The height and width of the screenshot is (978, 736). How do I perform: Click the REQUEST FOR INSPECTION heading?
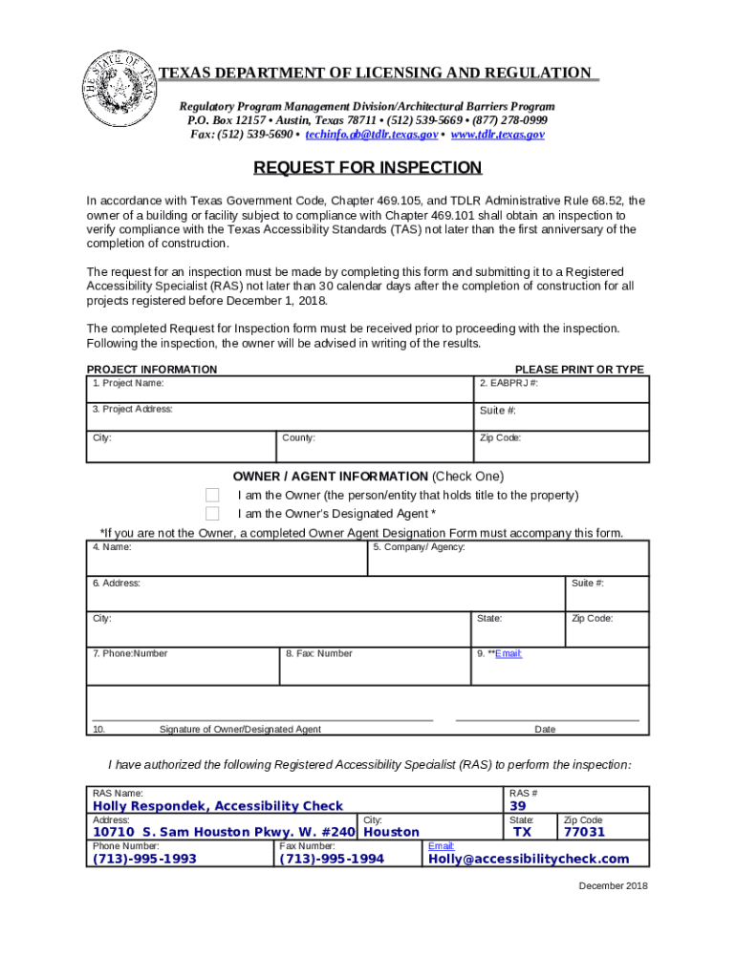tap(367, 168)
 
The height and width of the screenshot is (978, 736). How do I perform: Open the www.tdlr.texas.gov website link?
tap(497, 135)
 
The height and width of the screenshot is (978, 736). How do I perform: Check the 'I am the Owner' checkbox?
tap(212, 495)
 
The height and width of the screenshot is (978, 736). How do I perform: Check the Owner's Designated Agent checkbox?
tap(212, 514)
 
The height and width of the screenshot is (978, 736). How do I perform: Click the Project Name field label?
tap(128, 383)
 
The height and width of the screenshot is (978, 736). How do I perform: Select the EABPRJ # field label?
tap(509, 383)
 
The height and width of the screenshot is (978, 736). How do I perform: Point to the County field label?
tap(299, 438)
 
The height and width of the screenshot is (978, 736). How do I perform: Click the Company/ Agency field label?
tap(419, 547)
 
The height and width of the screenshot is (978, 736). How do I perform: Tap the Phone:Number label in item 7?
tap(130, 653)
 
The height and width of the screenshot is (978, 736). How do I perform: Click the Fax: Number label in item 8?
tap(318, 653)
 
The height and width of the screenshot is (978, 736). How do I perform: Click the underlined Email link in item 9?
tap(508, 653)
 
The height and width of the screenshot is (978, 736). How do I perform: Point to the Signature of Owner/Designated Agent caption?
tap(240, 730)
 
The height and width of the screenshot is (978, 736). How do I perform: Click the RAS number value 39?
tap(518, 806)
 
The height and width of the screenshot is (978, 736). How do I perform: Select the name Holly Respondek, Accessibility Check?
tap(217, 806)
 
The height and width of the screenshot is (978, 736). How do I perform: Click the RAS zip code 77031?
tap(584, 832)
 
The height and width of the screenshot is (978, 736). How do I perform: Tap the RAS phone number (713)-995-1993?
tap(144, 859)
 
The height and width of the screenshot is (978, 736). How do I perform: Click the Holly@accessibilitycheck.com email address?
tap(529, 859)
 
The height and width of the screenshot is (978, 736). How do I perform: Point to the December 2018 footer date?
tap(613, 885)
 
